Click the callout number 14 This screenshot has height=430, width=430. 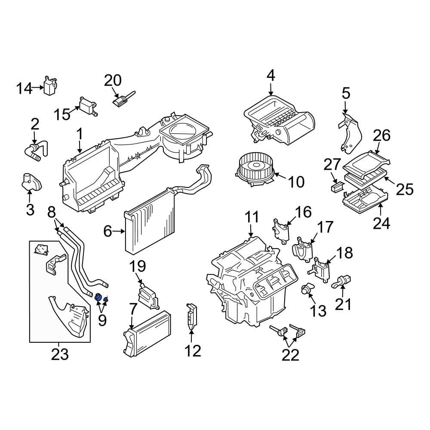point(24,89)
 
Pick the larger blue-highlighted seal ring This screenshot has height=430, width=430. point(98,297)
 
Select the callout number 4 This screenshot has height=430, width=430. point(270,76)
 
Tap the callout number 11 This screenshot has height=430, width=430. point(252,217)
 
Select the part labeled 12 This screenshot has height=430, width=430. point(191,317)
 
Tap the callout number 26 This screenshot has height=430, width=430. point(381,136)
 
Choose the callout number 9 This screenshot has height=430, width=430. point(102,319)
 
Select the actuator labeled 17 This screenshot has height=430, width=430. point(303,251)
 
